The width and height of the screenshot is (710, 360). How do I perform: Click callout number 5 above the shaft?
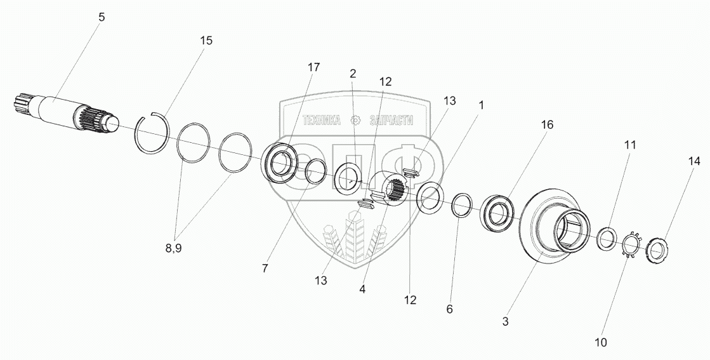pos(102,18)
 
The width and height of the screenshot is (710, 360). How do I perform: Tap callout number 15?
pos(206,41)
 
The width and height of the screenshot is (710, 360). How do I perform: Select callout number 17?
pos(313,67)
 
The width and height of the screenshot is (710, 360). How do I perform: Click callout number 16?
pos(547,125)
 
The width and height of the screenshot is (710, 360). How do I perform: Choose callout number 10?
pos(601,342)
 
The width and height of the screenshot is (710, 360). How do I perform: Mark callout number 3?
pos(505,321)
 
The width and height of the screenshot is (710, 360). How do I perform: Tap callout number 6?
pos(450,309)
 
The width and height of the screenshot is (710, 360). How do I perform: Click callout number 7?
pos(264,269)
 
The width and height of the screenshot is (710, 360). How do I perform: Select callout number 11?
pos(629,145)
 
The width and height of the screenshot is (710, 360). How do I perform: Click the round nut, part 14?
pos(657,248)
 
